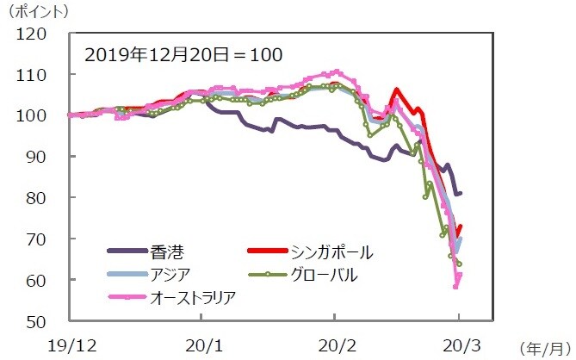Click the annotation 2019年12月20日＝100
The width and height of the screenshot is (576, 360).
[183, 53]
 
